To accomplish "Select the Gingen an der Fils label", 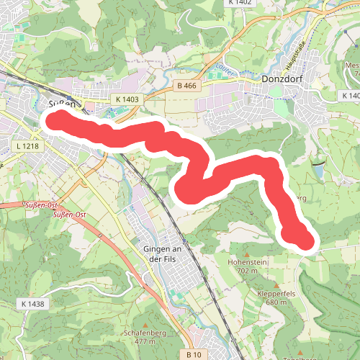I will click(x=156, y=255).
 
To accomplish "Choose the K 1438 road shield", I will click(x=33, y=305).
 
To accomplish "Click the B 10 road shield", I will click(x=193, y=354).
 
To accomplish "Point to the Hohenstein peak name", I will click(x=246, y=262).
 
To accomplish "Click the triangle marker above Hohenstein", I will click(x=246, y=254).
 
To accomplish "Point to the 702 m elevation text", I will click(x=246, y=271).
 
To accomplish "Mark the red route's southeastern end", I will click(x=306, y=242).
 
